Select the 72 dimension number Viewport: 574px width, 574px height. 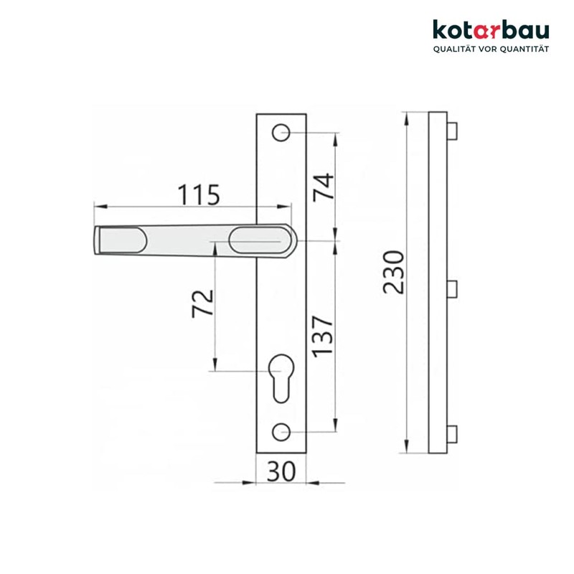pyautogui.click(x=203, y=304)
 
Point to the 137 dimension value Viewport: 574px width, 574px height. pyautogui.click(x=324, y=335)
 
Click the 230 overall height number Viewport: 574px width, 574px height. pyautogui.click(x=393, y=272)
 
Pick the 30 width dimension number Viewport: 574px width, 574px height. pyautogui.click(x=281, y=471)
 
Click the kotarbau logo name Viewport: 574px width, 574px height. pyautogui.click(x=490, y=30)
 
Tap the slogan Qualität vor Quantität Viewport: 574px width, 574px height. pyautogui.click(x=490, y=49)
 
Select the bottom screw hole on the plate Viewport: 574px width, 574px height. pyautogui.click(x=281, y=432)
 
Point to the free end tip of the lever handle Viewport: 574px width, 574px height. pyautogui.click(x=98, y=240)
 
